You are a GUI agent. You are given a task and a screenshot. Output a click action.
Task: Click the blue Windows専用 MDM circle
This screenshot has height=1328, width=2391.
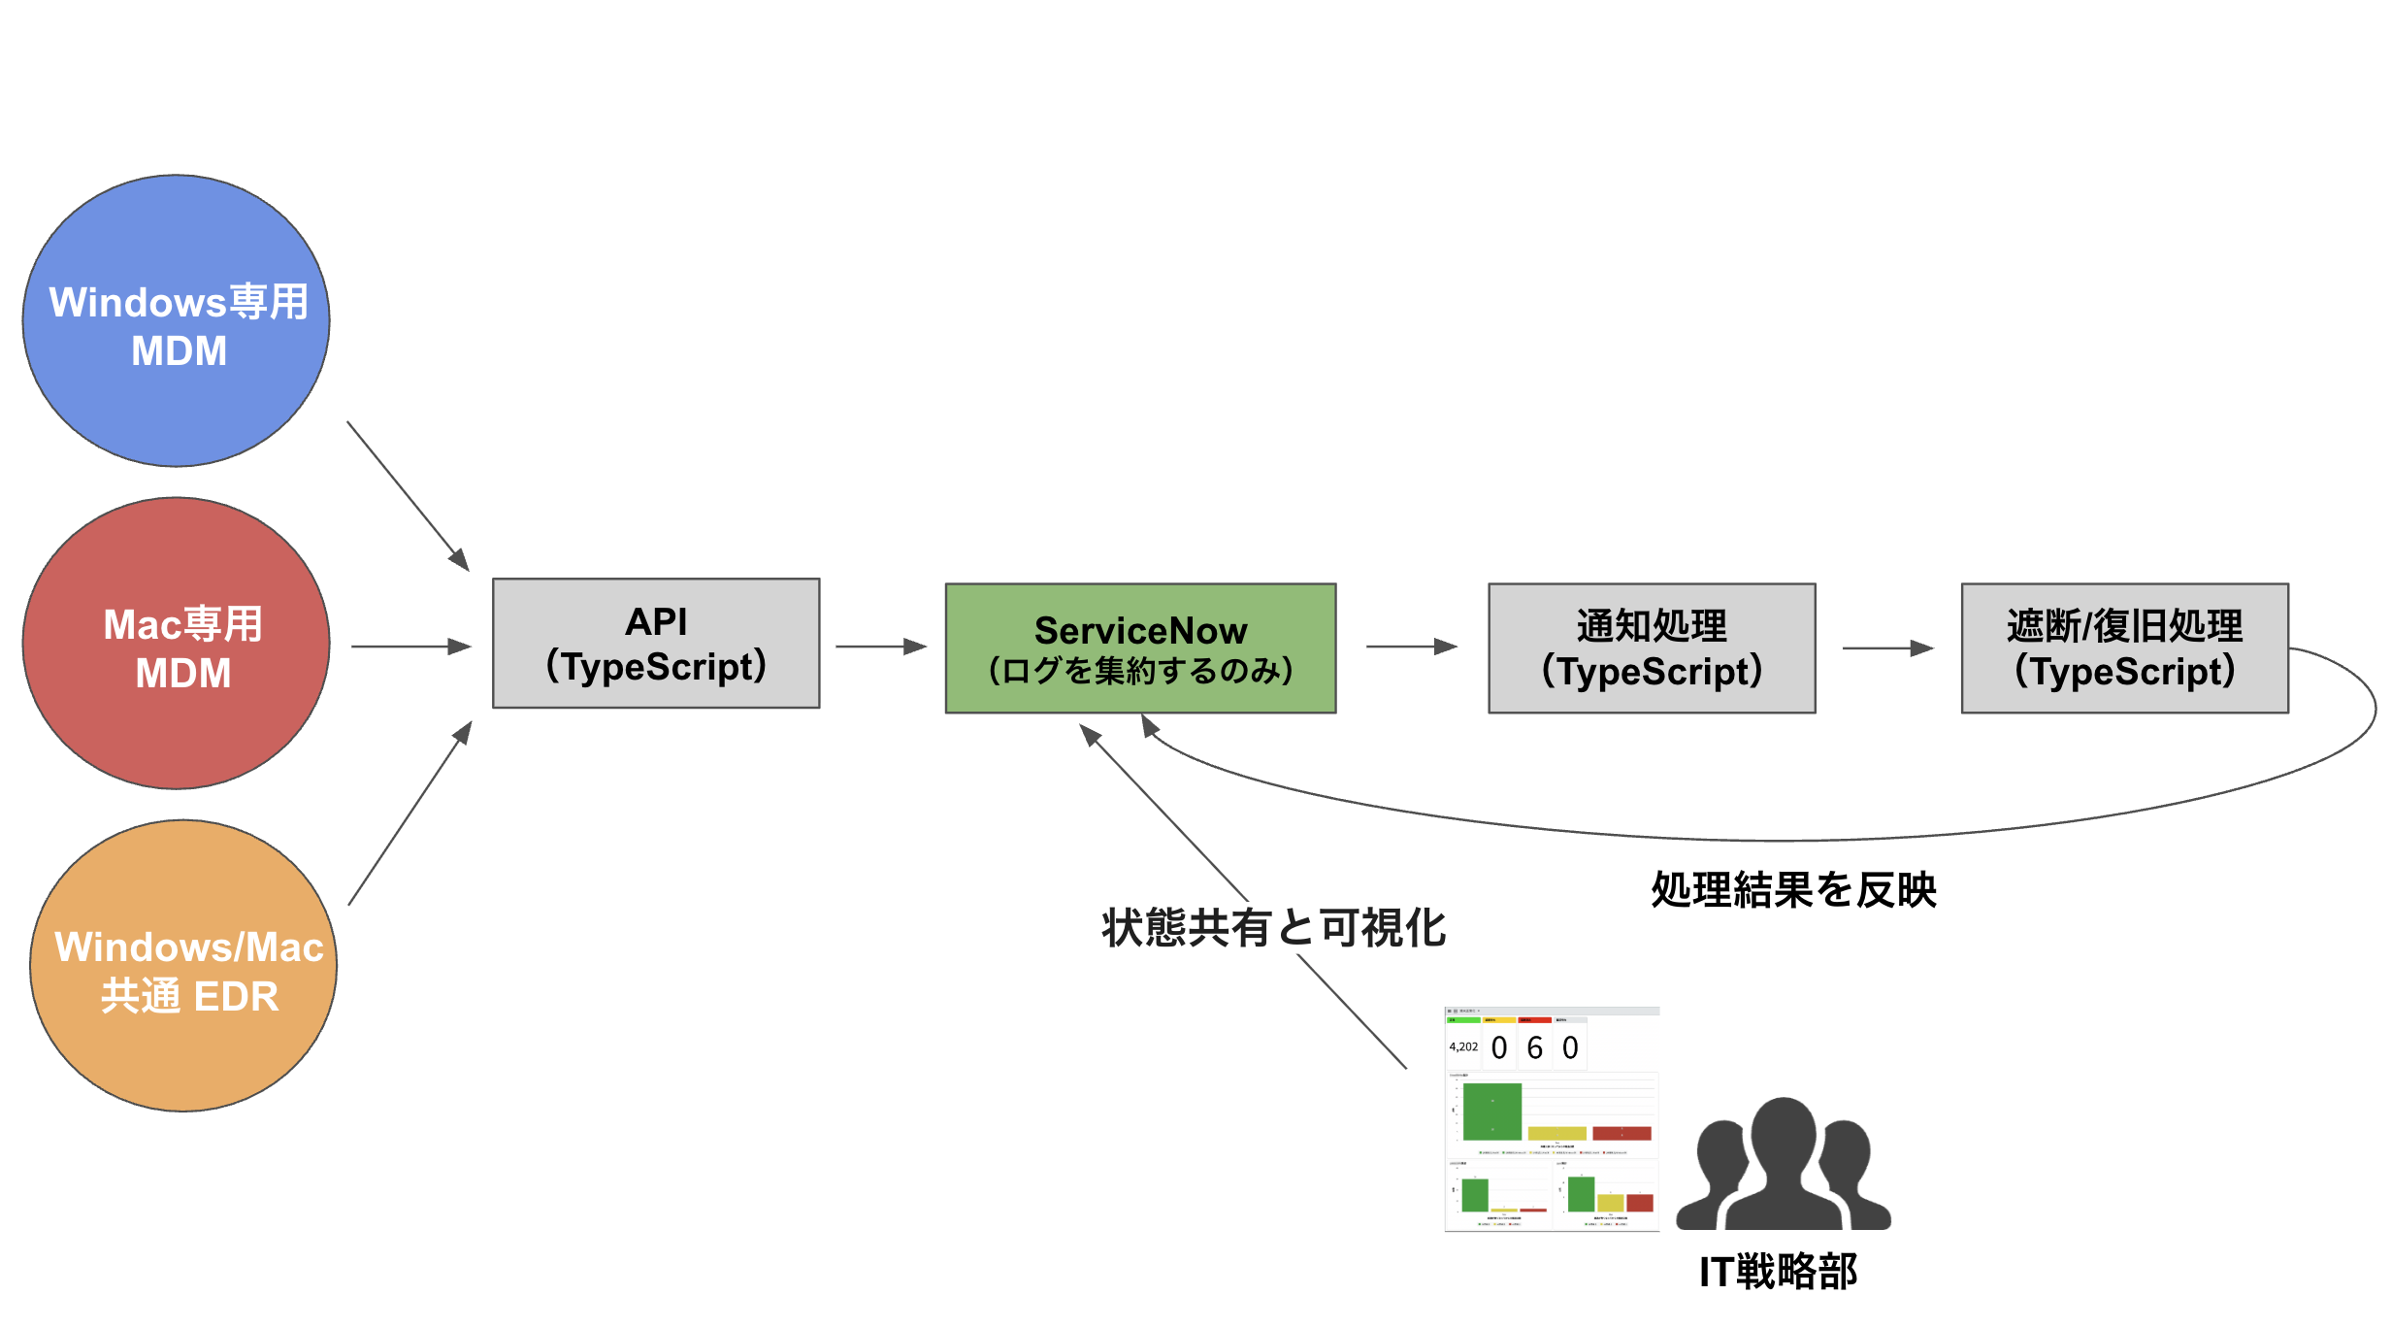177,320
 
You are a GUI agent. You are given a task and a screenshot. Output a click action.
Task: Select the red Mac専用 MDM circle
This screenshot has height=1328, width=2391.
177,644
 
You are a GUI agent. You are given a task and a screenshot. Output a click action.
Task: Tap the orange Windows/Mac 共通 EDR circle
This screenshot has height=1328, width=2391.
183,966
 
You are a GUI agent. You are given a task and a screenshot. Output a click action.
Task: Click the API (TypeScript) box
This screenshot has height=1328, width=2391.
656,644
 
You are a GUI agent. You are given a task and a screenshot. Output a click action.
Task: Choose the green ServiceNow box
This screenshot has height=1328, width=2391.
1140,648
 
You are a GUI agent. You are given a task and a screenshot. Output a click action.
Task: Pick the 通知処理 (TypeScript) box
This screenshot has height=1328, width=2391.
1652,648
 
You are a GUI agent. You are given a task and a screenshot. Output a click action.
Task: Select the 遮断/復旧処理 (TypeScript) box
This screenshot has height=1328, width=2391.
2124,648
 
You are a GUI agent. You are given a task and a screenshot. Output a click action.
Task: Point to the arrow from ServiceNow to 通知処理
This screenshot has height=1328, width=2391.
1411,647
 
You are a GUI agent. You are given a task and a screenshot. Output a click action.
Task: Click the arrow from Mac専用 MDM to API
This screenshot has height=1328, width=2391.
410,647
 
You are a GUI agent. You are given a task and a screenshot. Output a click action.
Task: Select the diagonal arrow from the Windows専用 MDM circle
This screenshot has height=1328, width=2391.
408,495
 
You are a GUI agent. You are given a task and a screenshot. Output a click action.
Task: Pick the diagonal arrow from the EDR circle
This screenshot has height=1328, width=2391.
409,813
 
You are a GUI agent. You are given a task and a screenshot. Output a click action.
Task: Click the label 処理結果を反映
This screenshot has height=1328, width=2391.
1793,890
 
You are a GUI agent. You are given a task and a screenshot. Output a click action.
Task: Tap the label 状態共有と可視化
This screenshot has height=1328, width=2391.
1273,928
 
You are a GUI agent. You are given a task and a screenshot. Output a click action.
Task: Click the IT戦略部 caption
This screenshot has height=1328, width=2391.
1778,1272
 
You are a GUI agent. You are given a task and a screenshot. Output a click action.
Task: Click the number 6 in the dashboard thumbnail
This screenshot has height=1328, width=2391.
1534,1048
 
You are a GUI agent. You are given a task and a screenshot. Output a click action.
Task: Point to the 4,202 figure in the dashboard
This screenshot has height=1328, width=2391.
1462,1046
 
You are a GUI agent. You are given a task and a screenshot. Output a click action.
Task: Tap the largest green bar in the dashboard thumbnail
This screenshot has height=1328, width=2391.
1491,1112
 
